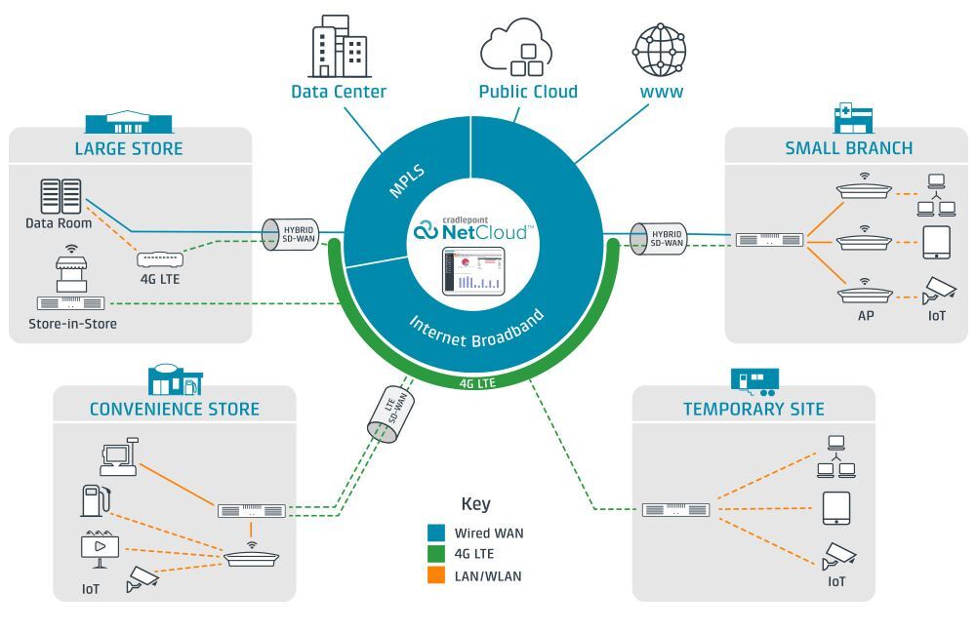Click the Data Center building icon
click(x=339, y=49)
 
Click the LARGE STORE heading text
click(x=129, y=149)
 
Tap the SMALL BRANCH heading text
click(x=848, y=149)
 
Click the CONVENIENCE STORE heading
click(x=175, y=408)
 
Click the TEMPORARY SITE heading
click(x=753, y=409)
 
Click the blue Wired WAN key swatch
click(x=437, y=533)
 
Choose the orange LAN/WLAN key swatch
click(x=437, y=575)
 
